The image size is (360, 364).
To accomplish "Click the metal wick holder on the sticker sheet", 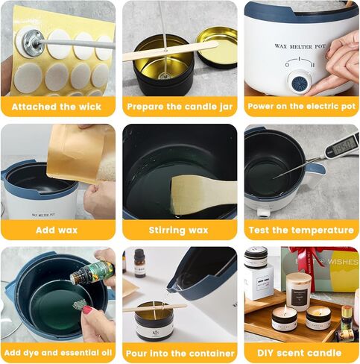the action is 31,40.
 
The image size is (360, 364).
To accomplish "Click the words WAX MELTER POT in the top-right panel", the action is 300,46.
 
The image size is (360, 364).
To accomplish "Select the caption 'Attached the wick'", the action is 57,107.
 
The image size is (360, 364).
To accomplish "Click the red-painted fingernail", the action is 87,310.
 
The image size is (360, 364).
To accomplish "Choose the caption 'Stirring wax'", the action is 178,230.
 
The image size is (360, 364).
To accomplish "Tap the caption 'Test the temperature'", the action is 301,230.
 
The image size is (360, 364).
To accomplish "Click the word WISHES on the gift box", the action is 343,262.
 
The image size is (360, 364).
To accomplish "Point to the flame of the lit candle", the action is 285,310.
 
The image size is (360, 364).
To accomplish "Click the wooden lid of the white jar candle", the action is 299,279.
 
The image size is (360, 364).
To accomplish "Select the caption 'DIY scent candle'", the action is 299,353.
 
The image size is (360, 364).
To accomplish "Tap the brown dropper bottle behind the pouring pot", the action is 139,263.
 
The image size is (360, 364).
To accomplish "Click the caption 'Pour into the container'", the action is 180,354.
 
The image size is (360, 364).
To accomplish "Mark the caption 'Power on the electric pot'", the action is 301,107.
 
